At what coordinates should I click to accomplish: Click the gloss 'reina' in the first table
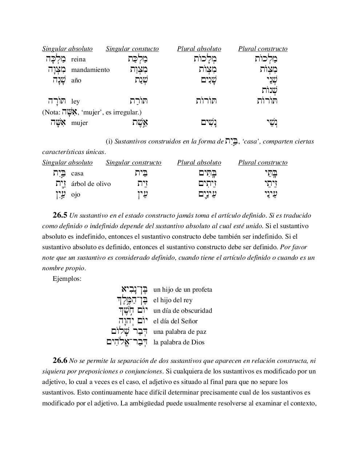click(78, 59)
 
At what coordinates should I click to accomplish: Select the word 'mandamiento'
click(90, 70)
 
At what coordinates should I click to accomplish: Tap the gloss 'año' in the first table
click(76, 80)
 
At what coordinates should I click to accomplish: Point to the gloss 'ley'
click(75, 101)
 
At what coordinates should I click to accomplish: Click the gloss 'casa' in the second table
click(77, 173)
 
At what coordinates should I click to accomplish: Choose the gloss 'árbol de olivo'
click(91, 184)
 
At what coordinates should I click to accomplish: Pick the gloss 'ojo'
click(76, 194)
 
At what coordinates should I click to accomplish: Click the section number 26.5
click(60, 215)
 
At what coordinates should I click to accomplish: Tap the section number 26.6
click(60, 360)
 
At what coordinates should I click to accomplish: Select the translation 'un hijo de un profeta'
click(183, 290)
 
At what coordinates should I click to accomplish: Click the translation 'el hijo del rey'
click(173, 300)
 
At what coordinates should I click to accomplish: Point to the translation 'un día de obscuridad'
click(183, 311)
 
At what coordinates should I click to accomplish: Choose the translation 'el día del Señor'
click(176, 321)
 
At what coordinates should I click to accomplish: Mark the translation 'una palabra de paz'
click(180, 332)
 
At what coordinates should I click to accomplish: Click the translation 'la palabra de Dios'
click(179, 342)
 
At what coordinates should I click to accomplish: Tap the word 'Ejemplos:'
click(67, 279)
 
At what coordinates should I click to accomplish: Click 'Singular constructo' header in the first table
click(132, 49)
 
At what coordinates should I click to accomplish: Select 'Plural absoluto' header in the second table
click(199, 162)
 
